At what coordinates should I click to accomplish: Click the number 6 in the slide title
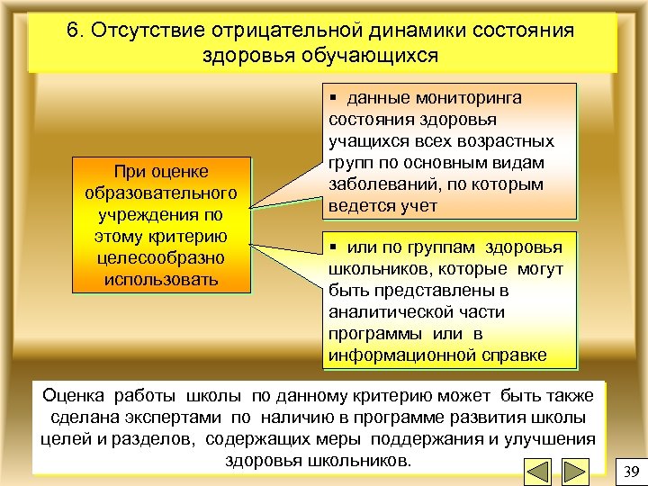pos(73,30)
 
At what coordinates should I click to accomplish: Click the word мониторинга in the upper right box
pos(474,98)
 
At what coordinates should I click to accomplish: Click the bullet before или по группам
pos(334,247)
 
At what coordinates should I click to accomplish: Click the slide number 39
pos(630,471)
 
